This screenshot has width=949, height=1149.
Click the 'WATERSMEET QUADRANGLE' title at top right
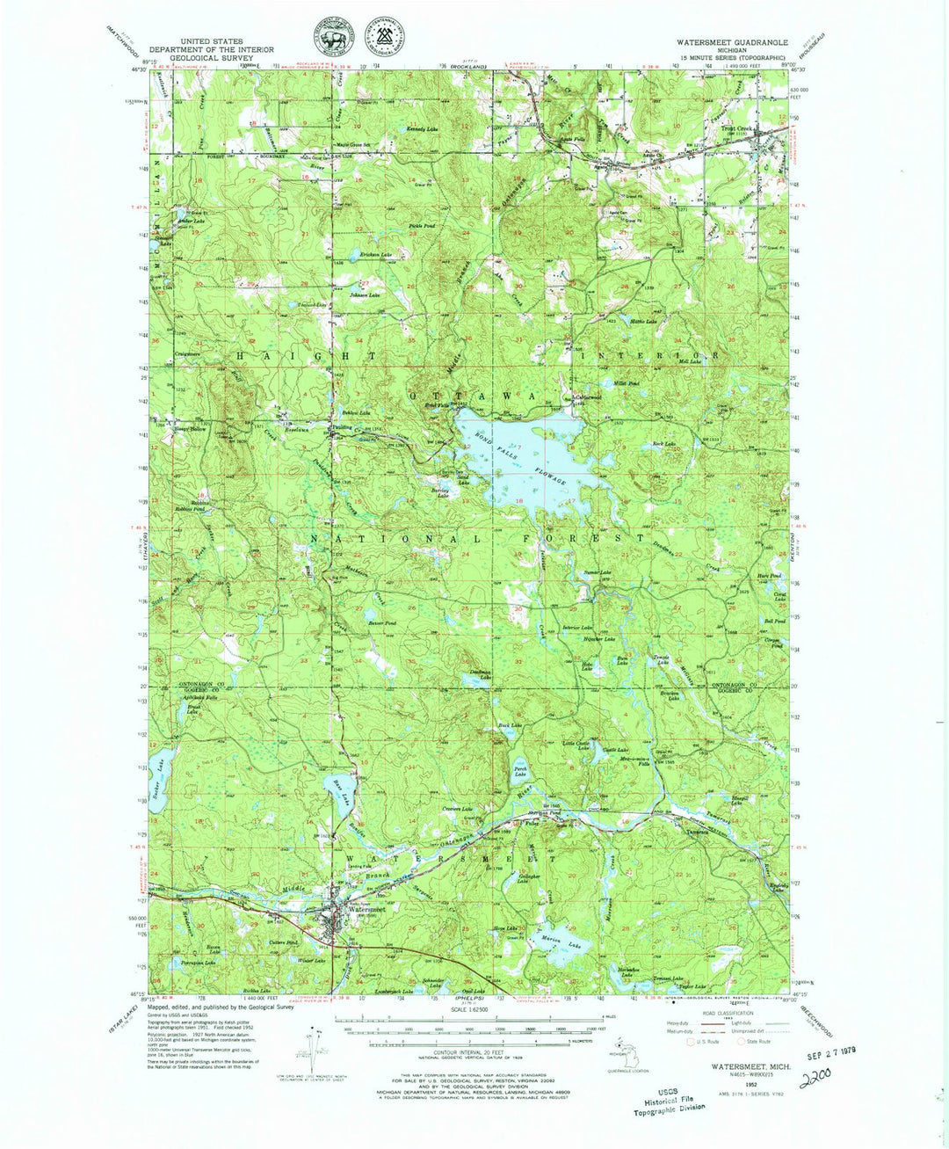point(731,41)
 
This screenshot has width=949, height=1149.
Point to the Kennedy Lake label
point(421,129)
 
